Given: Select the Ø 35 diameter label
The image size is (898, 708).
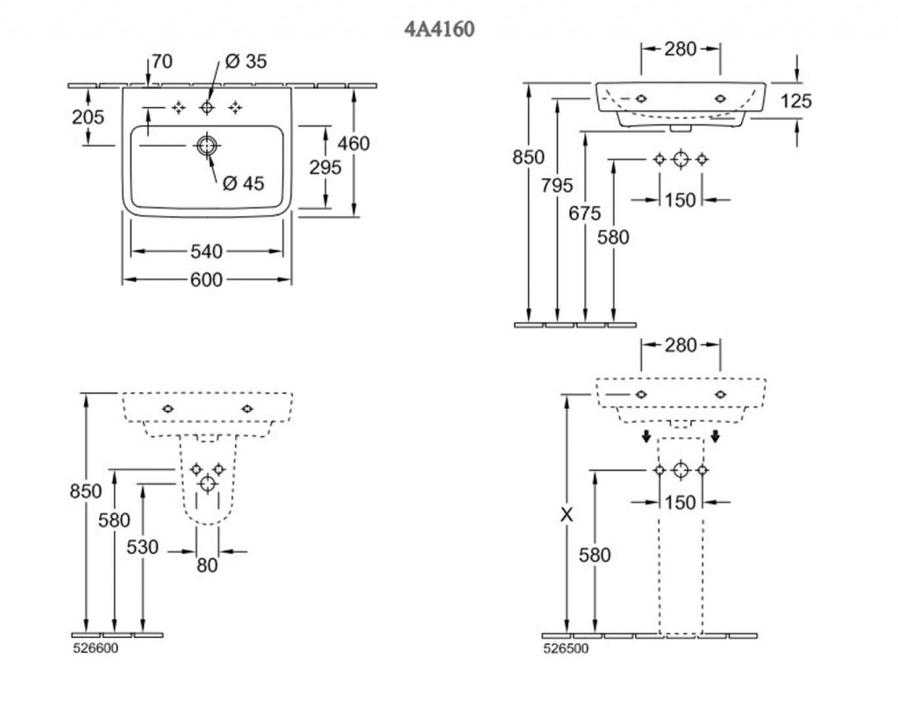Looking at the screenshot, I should click(246, 61).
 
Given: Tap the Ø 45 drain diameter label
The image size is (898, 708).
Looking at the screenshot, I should click(244, 183).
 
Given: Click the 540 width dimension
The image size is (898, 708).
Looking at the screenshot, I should click(206, 251).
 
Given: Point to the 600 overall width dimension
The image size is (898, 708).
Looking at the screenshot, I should click(206, 280).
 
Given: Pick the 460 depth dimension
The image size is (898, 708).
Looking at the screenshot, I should click(353, 144).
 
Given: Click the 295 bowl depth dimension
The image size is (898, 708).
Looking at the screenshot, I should click(325, 167).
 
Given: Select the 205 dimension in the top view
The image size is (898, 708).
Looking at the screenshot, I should click(88, 117).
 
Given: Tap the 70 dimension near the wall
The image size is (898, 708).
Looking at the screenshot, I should click(161, 61).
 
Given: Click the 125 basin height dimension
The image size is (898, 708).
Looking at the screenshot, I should click(796, 102).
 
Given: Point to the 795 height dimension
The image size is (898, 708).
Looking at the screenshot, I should click(558, 185).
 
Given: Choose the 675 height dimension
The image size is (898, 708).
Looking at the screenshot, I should click(585, 213).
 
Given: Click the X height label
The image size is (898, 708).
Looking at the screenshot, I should click(567, 516).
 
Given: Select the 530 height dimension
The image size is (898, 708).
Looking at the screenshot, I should click(143, 548).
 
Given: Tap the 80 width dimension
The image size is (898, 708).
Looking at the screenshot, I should click(207, 565).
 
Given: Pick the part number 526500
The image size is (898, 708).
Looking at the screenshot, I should click(567, 649).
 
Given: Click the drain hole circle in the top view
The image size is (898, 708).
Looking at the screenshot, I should click(206, 146).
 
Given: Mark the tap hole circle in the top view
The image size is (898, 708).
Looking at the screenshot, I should click(207, 107).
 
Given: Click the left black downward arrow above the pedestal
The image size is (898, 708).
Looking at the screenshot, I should click(645, 435).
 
